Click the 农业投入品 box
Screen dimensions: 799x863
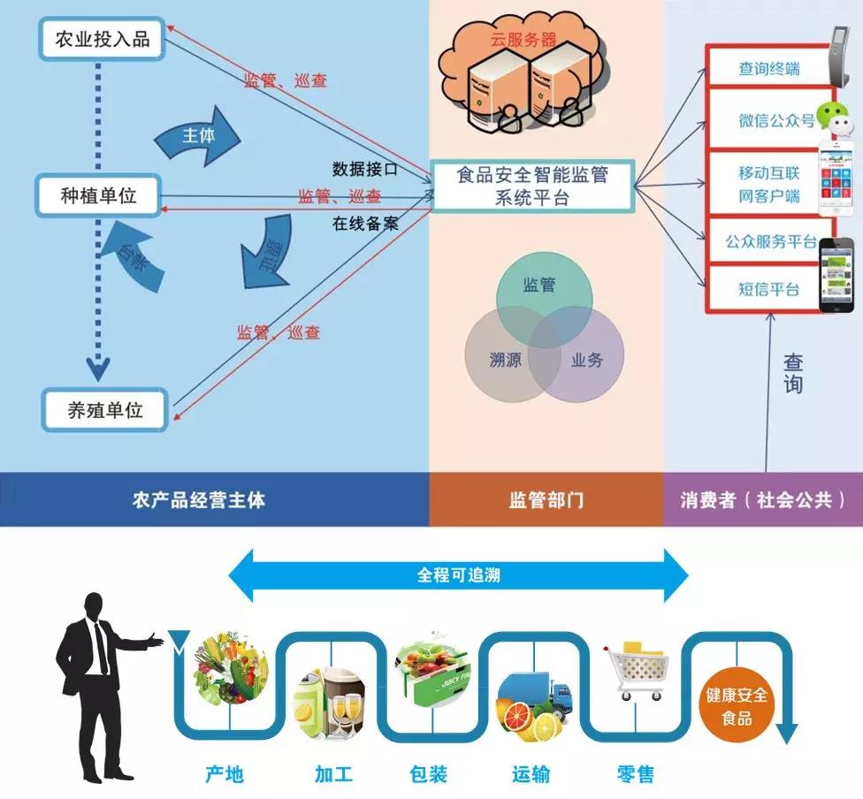pos(102,40)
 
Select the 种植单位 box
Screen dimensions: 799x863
pos(98,195)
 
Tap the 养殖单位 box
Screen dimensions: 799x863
pos(105,409)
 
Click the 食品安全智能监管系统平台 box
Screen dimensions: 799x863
pos(532,186)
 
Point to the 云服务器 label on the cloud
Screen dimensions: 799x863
pos(523,39)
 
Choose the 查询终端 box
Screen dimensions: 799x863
pos(768,68)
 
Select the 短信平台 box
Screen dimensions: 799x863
pos(768,289)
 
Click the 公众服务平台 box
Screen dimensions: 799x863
pos(770,241)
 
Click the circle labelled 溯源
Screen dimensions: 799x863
pos(505,360)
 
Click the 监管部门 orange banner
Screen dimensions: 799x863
pos(546,499)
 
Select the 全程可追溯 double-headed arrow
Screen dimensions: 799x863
pos(458,575)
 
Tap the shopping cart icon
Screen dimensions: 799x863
pos(636,672)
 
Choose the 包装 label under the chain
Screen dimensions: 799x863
pos(429,774)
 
